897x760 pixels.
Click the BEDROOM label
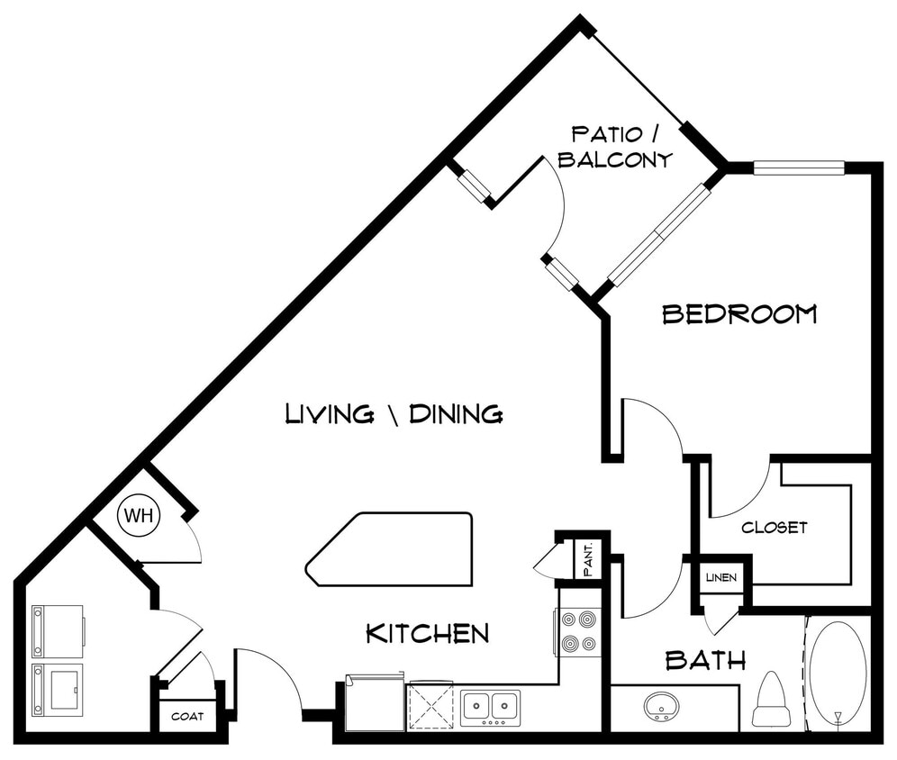coord(739,314)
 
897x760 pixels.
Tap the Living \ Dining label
coord(394,414)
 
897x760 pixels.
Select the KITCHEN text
coord(427,634)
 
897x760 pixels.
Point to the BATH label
coord(705,661)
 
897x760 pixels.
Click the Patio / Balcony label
coord(615,148)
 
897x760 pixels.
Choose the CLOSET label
coord(774,528)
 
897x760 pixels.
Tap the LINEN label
coord(721,577)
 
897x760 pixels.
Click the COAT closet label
coord(188,717)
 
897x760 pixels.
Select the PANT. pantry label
coord(587,559)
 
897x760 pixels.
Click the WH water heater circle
coord(138,516)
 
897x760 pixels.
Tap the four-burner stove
coord(578,631)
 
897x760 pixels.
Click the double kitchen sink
coord(490,708)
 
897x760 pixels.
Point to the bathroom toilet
coord(771,701)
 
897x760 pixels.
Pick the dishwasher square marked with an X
coord(430,706)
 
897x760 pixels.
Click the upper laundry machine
coord(58,631)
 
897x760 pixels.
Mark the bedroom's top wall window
coord(798,167)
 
